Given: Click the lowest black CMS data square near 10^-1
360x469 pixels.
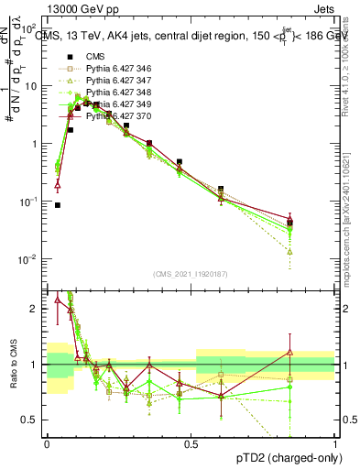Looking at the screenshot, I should (58, 205).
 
